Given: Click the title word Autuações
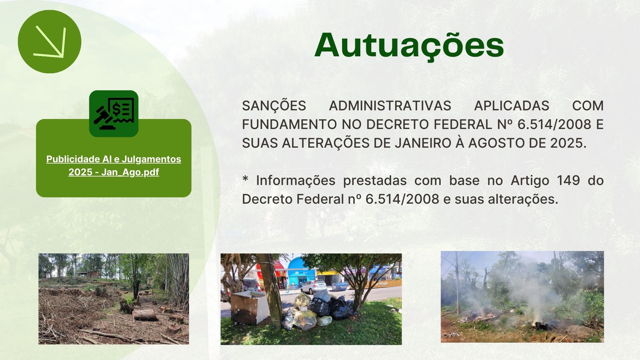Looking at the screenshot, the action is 409,46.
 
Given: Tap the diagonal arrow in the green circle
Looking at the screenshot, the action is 50,42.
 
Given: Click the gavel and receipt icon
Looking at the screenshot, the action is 114,113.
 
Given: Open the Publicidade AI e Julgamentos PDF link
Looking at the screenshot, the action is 114,165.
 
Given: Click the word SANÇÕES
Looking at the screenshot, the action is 274,106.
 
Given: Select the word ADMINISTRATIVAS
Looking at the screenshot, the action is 390,106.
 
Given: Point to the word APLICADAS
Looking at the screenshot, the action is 512,106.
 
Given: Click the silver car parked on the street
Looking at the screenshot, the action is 313,286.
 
